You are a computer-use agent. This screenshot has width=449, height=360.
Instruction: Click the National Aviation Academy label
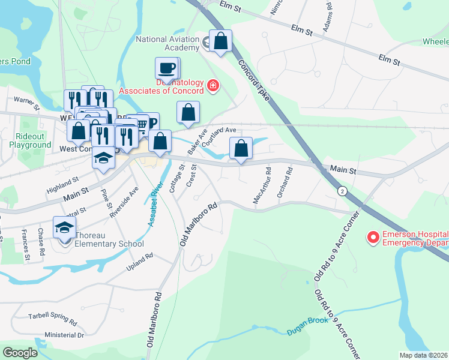(x=167, y=43)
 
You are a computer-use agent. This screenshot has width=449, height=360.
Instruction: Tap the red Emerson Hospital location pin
(x=373, y=238)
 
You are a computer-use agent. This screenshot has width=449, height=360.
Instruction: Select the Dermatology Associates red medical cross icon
(x=212, y=86)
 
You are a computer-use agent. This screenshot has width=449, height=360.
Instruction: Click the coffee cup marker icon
(x=167, y=68)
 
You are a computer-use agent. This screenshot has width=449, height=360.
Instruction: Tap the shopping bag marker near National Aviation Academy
(x=221, y=41)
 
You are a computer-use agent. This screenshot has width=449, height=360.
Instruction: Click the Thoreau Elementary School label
(x=109, y=244)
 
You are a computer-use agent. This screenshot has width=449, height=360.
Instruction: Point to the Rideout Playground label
(x=34, y=141)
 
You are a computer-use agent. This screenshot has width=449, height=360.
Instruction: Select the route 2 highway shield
(x=342, y=191)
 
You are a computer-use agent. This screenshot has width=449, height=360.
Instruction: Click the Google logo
(x=20, y=352)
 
